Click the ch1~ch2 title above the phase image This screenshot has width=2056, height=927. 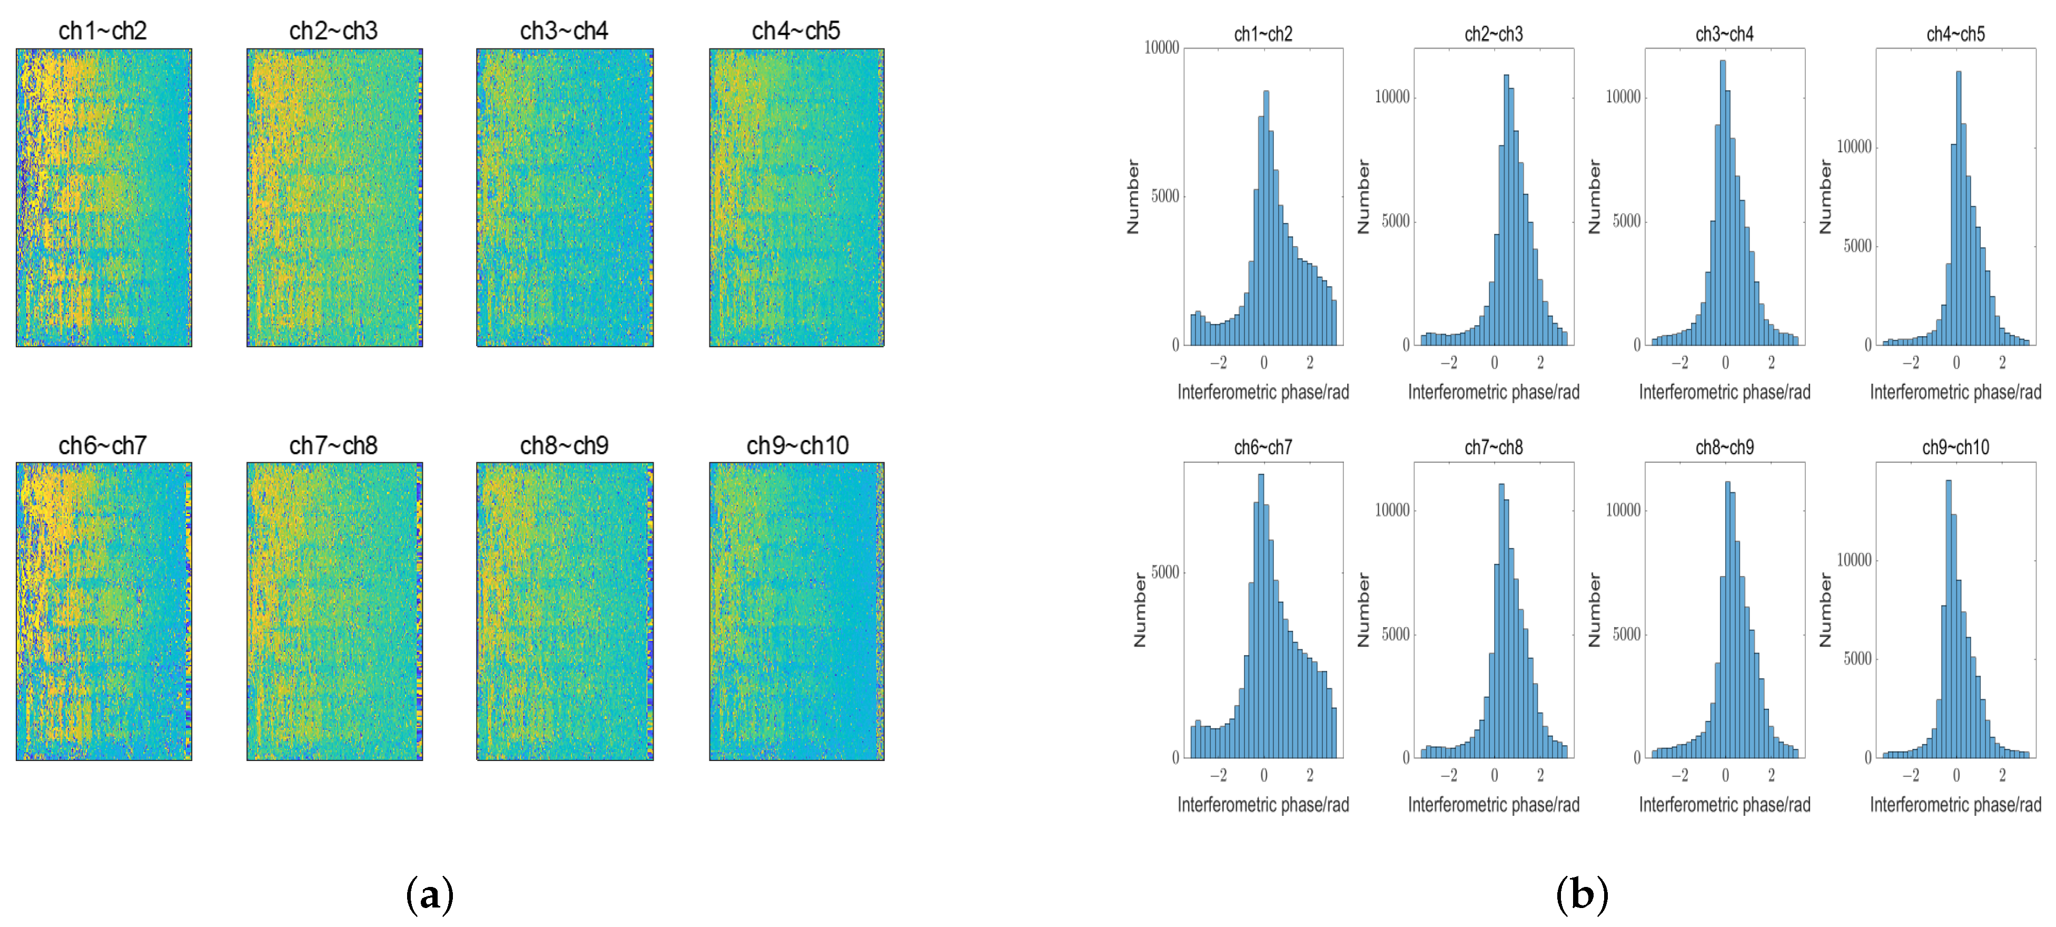coord(103,31)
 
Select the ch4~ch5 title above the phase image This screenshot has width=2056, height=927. coord(796,31)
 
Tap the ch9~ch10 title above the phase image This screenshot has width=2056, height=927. coord(796,445)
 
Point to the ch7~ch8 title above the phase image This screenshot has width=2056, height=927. coord(333,445)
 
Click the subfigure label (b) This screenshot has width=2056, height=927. coord(1581,894)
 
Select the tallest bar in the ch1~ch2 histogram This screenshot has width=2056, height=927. coord(1266,216)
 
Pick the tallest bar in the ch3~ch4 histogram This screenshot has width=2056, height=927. coord(1723,200)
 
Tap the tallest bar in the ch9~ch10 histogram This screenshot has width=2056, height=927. coord(1948,615)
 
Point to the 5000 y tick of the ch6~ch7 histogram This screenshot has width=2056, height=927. coord(1165,572)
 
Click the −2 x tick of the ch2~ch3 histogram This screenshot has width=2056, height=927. coord(1449,363)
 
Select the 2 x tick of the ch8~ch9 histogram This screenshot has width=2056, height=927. coord(1771,775)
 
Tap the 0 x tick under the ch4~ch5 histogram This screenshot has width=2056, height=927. coord(1956,363)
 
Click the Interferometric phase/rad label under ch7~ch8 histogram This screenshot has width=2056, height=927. coord(1494,805)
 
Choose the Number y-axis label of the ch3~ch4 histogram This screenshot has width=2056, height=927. coord(1595,197)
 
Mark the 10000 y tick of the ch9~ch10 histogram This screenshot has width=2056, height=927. coord(1854,560)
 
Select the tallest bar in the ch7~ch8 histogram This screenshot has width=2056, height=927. coord(1501,619)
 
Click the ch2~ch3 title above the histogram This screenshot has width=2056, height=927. coord(1494,34)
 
